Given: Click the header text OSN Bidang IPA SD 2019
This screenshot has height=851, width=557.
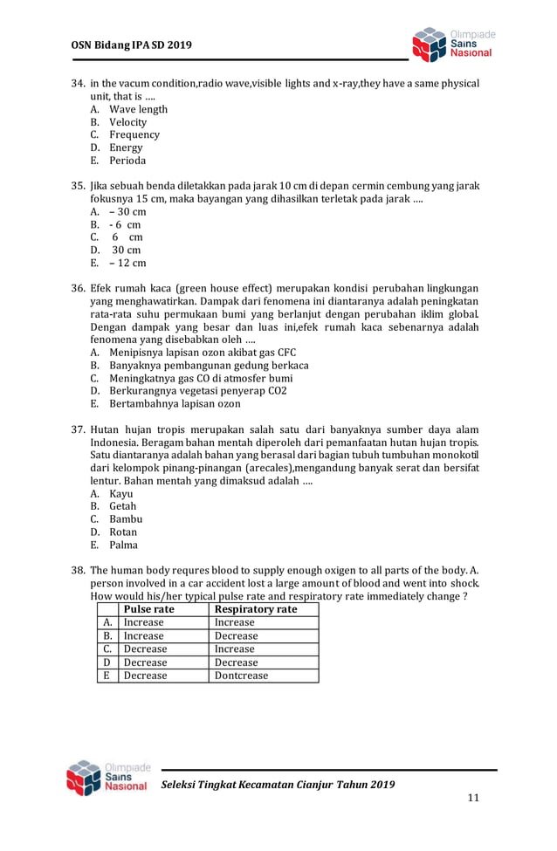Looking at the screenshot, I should (131, 45).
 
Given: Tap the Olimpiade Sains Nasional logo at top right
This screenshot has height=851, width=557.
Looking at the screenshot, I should (452, 45).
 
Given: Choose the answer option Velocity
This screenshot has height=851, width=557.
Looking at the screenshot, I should (127, 122).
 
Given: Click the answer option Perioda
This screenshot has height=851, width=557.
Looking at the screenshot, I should (127, 161).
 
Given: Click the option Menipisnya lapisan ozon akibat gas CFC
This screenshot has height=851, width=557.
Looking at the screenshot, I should (203, 353).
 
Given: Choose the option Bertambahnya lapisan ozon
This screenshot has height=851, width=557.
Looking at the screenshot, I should (175, 404).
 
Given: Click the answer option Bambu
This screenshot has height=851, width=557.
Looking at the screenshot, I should (126, 519).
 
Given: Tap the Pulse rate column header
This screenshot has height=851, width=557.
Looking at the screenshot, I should (149, 609).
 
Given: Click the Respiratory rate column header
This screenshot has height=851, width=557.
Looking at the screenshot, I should (256, 609).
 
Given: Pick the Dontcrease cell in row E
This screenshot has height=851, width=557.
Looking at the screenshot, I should (242, 676).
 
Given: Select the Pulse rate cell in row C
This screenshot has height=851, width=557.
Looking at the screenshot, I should (145, 649).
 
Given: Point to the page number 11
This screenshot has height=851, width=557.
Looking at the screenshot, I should (473, 798).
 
